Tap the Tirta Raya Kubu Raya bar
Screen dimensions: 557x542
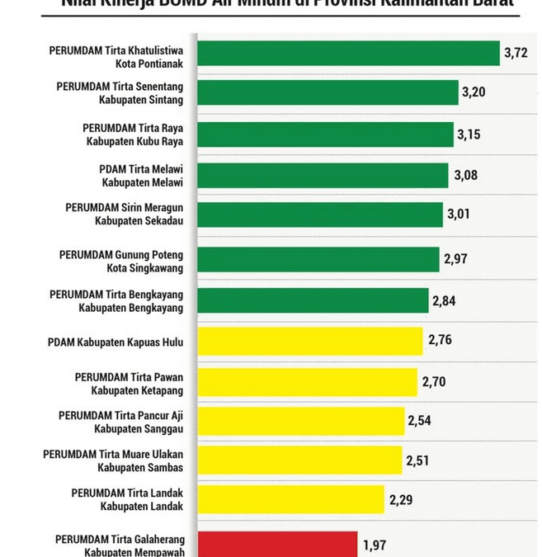[325, 135]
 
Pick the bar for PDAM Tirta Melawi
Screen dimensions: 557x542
[323, 176]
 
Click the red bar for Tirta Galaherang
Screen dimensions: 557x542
[277, 545]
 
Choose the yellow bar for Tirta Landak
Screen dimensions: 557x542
[290, 499]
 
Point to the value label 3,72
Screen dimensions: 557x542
[515, 54]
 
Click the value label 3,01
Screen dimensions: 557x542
[459, 215]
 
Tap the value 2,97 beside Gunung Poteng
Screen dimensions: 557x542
[455, 259]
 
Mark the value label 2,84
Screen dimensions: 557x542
[444, 300]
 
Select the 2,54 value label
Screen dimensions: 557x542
[420, 421]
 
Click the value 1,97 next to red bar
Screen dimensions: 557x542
[375, 545]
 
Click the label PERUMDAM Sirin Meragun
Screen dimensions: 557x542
[125, 207]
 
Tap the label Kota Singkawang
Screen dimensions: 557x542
[145, 268]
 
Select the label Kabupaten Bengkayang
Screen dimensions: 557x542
[131, 308]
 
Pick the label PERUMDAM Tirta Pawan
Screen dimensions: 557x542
[129, 376]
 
